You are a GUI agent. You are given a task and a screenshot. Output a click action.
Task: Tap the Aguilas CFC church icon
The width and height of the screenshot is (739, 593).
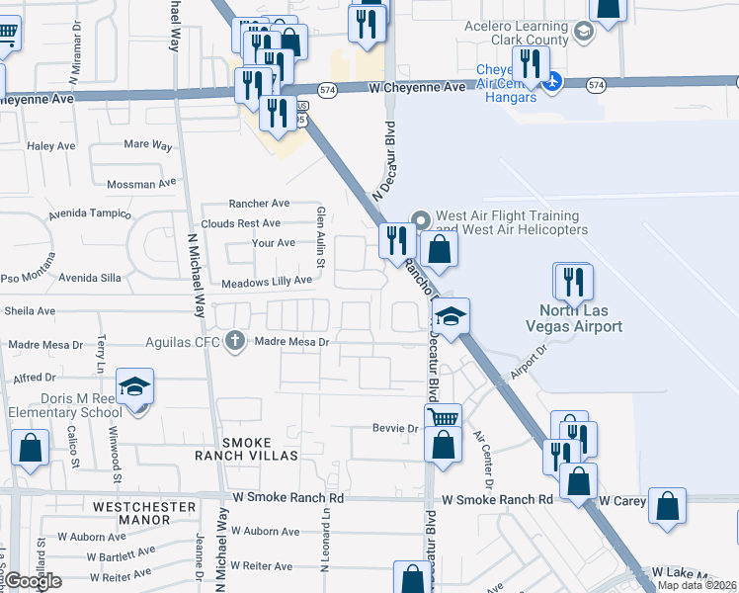pyautogui.click(x=234, y=341)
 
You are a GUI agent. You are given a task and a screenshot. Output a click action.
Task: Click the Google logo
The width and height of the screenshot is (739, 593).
pyautogui.click(x=33, y=581)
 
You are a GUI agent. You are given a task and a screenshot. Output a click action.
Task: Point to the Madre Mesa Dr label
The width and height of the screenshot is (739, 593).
pyautogui.click(x=291, y=341)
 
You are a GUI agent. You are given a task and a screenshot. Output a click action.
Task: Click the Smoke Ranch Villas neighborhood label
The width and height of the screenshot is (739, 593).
pyautogui.click(x=246, y=449)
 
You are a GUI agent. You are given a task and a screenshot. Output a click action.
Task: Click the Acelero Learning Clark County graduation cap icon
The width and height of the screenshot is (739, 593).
pyautogui.click(x=584, y=34)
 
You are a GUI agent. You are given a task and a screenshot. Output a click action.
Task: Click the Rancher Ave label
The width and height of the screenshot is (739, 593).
pyautogui.click(x=260, y=203)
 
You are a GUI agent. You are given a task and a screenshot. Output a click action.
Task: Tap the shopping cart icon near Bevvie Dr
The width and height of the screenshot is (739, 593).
pyautogui.click(x=444, y=417)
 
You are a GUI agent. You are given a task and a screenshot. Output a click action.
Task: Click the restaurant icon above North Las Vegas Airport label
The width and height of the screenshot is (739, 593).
pyautogui.click(x=573, y=282)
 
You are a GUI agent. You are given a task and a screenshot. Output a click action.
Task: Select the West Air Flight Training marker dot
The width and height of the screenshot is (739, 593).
pyautogui.click(x=420, y=219)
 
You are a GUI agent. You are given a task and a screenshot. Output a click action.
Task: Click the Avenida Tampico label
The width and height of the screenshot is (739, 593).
pyautogui.click(x=95, y=213)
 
